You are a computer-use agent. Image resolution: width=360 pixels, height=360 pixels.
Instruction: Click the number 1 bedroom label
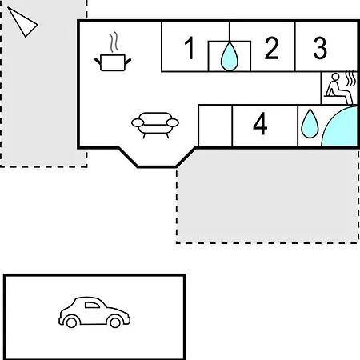click(190, 48)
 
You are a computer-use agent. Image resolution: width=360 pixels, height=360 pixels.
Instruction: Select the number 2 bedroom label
click(272, 48)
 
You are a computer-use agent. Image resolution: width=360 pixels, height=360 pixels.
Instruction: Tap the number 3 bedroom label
click(320, 48)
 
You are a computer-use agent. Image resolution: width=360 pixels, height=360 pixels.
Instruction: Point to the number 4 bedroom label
click(260, 123)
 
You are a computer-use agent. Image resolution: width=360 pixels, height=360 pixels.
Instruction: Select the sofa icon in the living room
click(155, 125)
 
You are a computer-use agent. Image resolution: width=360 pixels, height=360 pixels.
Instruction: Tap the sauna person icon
click(338, 89)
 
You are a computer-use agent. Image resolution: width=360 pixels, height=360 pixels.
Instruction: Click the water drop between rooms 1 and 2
click(230, 57)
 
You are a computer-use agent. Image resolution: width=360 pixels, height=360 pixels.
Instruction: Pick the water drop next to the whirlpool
click(310, 124)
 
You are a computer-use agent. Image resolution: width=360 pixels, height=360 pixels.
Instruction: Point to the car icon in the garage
click(94, 312)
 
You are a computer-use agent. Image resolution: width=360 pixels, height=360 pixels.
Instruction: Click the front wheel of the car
click(115, 322)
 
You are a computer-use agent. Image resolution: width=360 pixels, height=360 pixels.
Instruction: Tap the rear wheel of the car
click(71, 322)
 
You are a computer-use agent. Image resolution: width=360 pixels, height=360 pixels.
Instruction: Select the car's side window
click(92, 305)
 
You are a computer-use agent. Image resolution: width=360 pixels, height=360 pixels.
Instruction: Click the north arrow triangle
click(23, 22)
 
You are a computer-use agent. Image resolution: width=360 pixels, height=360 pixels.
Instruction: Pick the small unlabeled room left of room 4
click(215, 126)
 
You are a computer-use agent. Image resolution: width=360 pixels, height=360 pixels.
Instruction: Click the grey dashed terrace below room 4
click(267, 196)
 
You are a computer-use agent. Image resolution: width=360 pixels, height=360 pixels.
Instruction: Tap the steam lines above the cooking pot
click(114, 42)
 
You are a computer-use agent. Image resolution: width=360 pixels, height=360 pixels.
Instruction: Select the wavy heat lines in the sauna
click(351, 78)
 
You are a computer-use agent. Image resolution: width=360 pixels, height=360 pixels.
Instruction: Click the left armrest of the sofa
click(138, 122)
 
